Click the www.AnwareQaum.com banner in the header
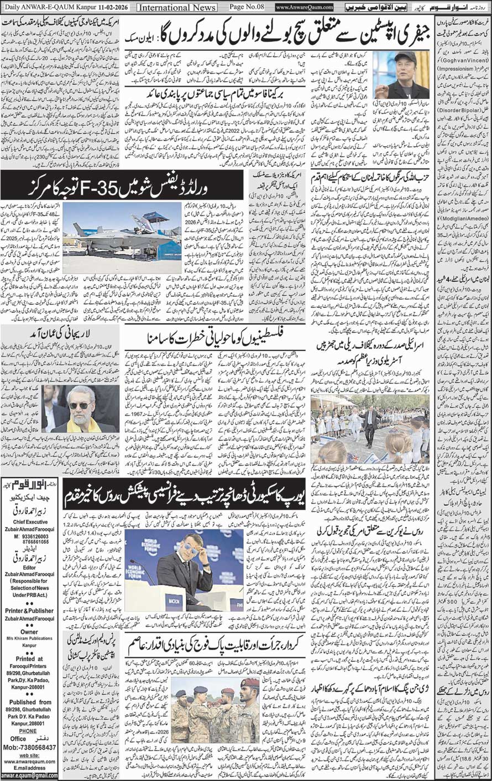click(x=305, y=7)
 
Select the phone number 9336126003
click(x=32, y=536)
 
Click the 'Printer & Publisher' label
click(x=30, y=610)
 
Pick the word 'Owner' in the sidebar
click(x=29, y=631)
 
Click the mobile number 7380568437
click(x=34, y=747)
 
